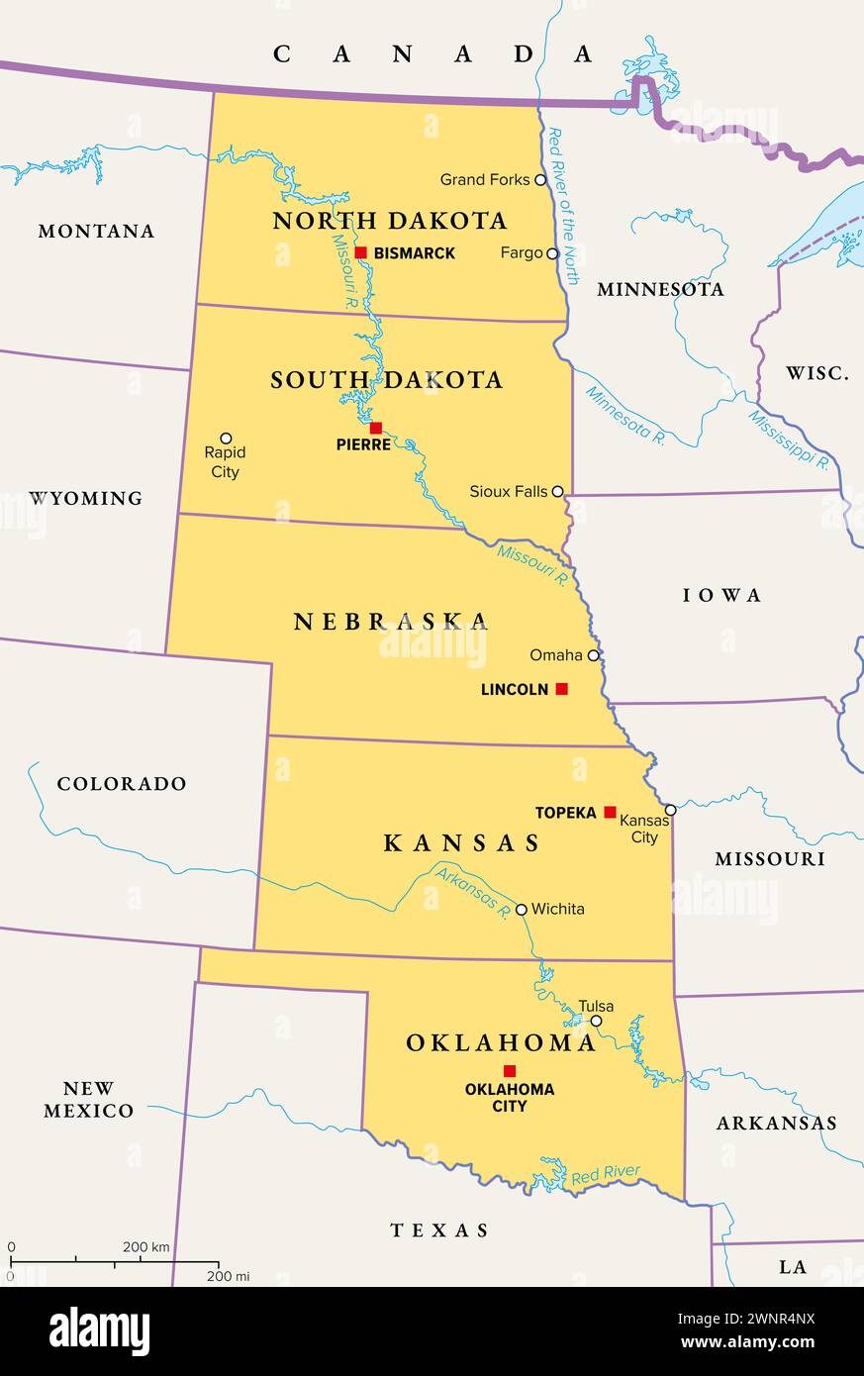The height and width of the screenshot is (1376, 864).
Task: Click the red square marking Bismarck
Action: tap(361, 252)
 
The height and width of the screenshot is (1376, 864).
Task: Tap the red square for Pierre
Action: tap(375, 428)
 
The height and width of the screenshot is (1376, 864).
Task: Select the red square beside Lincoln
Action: tap(561, 689)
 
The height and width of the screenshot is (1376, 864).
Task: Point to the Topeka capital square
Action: tap(610, 812)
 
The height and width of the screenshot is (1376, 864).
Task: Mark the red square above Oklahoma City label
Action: tap(510, 1070)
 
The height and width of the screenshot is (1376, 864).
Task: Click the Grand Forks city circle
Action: tap(540, 180)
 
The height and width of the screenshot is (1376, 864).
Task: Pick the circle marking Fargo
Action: tap(552, 253)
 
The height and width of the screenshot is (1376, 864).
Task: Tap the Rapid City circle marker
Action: tap(226, 438)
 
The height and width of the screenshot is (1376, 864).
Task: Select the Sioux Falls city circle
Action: tap(557, 491)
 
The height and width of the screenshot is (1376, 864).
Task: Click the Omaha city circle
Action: tap(593, 655)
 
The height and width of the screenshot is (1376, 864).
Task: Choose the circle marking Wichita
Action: tap(521, 909)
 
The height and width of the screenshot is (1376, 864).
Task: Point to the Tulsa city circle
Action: tap(596, 1021)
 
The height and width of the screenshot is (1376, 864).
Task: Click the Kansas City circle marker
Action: tap(670, 810)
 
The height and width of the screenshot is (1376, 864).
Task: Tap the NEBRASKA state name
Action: tap(391, 622)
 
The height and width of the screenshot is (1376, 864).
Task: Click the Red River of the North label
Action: tap(563, 205)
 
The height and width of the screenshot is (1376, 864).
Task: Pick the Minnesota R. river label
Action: tap(624, 415)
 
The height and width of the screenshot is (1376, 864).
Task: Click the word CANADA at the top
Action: tap(432, 54)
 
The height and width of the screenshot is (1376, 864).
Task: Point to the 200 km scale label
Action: tap(145, 1246)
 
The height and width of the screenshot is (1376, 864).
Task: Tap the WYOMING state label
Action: tap(85, 498)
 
